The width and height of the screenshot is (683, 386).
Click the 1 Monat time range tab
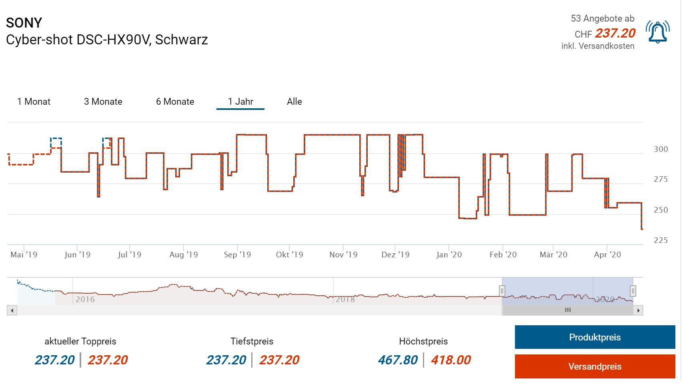coord(34,101)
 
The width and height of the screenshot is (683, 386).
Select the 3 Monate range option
coord(103,101)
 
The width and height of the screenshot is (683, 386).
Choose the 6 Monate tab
coord(175,101)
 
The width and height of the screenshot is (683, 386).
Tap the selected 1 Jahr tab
coord(240,101)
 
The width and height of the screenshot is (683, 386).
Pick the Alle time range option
coord(294,101)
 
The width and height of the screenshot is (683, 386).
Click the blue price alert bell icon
coord(657,32)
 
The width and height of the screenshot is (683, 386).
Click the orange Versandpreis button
coord(595,366)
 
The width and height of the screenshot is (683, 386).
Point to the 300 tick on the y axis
coord(661,149)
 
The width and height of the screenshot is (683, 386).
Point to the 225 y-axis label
coord(661,240)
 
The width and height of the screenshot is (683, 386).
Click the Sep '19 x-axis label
coord(237,255)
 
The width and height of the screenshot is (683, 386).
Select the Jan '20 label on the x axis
coord(449,255)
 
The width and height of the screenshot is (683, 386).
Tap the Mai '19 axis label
coord(24,255)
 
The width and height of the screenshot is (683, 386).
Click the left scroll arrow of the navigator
coord(12,310)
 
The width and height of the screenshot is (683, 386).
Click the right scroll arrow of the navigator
coord(638,310)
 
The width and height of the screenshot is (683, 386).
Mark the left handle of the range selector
coord(502,290)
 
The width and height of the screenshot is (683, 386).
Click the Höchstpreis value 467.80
coord(398,360)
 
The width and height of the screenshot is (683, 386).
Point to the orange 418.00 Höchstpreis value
coord(451,360)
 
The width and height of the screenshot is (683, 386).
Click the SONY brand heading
coord(24,23)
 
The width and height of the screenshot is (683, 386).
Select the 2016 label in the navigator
coord(85,299)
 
